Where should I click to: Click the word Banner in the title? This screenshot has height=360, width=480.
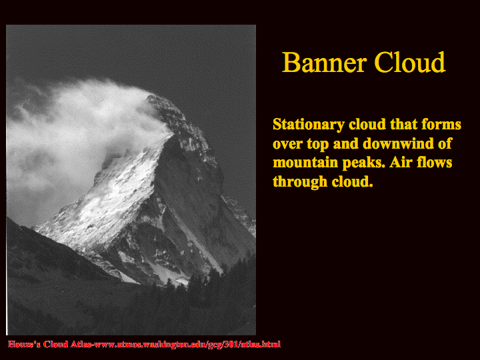pyautogui.click(x=324, y=62)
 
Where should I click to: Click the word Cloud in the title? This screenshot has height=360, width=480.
pyautogui.click(x=409, y=62)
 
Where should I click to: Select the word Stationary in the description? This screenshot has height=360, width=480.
pyautogui.click(x=309, y=125)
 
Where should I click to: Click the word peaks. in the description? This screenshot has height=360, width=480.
pyautogui.click(x=363, y=163)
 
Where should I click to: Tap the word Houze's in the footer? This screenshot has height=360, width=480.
pyautogui.click(x=24, y=344)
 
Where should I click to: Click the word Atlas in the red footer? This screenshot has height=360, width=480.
pyautogui.click(x=81, y=344)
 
